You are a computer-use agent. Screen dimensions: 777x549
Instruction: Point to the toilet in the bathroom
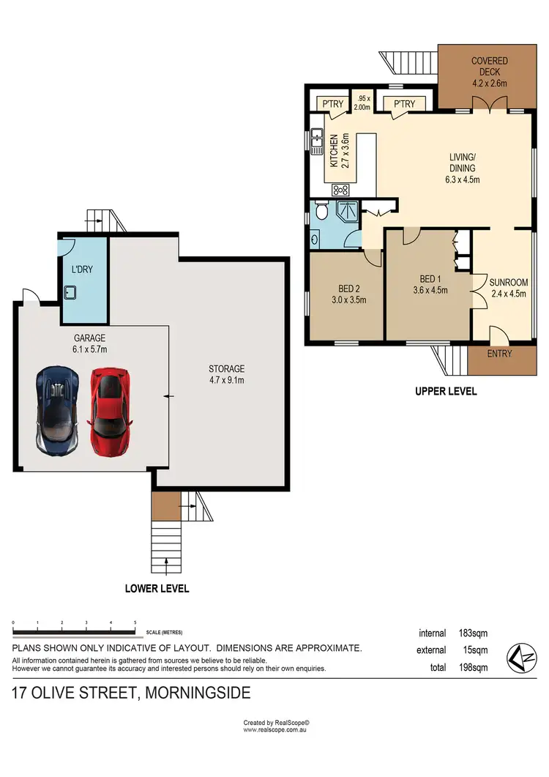point(320,214)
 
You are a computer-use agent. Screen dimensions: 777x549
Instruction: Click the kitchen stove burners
point(340,189)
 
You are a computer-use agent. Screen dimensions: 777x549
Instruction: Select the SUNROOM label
point(508,282)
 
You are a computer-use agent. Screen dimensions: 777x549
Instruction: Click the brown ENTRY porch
point(499,354)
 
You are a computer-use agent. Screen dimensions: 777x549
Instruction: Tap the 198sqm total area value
point(473,667)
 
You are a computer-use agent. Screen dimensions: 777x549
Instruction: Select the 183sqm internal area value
point(473,633)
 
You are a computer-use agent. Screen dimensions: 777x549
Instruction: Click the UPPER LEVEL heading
point(445,391)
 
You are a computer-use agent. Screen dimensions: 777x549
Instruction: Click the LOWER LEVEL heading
point(157,588)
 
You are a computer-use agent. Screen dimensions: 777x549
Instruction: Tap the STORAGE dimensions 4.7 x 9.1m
point(226,380)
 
